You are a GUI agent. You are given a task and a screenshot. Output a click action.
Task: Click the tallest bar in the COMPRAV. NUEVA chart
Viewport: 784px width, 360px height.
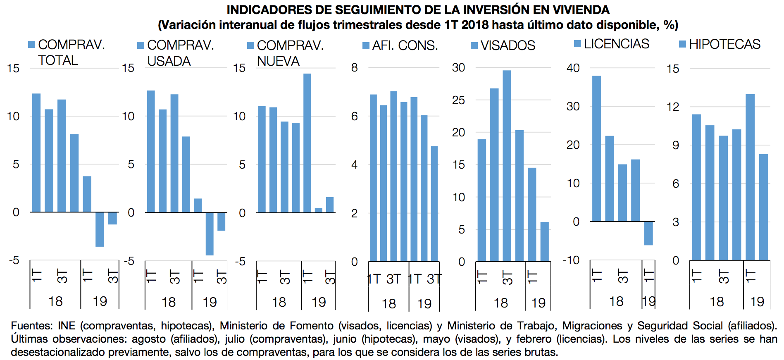[307, 143]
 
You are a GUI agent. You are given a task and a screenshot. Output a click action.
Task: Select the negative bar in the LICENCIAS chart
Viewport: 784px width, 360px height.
[648, 233]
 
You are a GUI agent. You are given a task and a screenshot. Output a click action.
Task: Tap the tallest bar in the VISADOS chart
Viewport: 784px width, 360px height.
[507, 165]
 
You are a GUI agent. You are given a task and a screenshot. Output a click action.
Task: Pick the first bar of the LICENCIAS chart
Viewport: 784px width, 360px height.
[596, 149]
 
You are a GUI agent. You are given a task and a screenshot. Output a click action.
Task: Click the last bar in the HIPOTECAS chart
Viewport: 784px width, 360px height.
[763, 207]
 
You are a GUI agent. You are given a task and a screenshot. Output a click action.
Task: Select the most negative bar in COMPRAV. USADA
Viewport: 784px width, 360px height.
[210, 234]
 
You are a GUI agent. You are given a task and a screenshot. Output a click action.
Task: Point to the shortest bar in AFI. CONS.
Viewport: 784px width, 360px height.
[434, 203]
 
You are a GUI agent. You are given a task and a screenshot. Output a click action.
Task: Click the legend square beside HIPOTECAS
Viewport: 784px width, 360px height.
[682, 44]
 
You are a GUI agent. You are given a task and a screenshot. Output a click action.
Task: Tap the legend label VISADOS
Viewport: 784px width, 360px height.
[508, 45]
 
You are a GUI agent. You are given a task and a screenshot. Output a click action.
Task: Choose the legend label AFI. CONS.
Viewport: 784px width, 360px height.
[405, 45]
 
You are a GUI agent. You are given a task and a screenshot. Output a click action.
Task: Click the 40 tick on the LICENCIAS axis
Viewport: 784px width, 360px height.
[573, 68]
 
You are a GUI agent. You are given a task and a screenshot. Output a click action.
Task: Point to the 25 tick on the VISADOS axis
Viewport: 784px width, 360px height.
[458, 100]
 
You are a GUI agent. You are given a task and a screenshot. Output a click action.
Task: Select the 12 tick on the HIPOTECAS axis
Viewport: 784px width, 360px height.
[673, 107]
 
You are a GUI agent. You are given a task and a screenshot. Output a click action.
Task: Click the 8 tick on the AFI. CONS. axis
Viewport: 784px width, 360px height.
[355, 68]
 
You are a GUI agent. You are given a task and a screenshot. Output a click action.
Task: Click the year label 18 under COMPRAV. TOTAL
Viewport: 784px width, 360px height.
[55, 301]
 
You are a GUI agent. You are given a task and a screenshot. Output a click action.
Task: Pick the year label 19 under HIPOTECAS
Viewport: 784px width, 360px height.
[757, 302]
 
